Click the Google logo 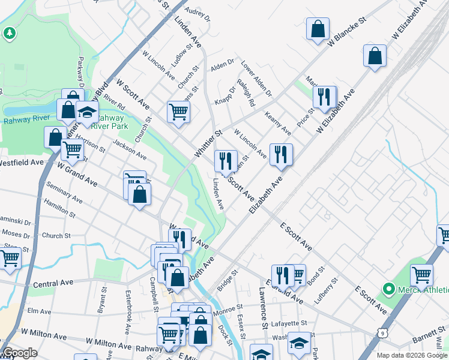pos(20,353)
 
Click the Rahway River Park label pos(121,122)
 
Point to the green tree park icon pos(9,33)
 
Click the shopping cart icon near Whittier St pos(178,112)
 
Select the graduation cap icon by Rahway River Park pos(87,113)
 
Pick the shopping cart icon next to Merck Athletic pos(421,275)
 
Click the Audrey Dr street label pos(198,14)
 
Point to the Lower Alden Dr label pos(256,78)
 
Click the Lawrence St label pos(262,308)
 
